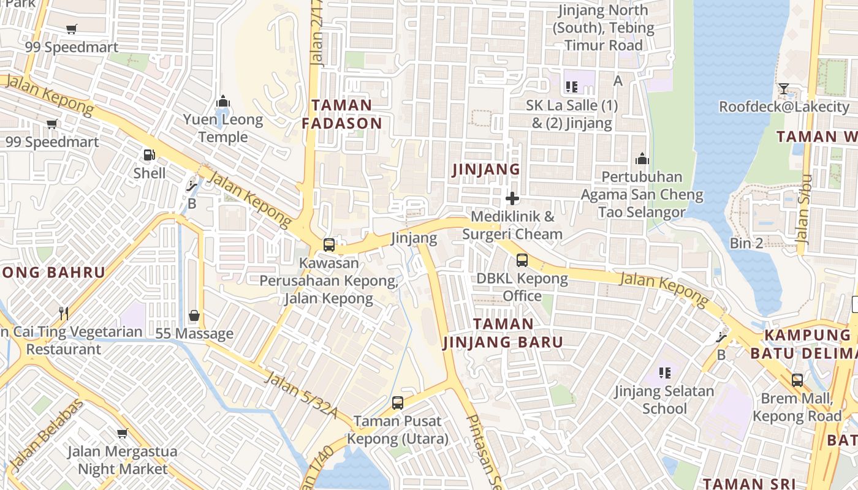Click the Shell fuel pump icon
point(148,155)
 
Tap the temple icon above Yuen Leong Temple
point(223,101)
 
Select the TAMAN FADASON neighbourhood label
point(342,115)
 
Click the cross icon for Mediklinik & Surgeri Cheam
point(512,198)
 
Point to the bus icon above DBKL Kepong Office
point(522,260)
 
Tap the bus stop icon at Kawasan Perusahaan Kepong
point(329,245)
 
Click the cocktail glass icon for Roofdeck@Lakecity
point(783,89)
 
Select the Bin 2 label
point(746,243)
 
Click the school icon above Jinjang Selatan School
point(665,372)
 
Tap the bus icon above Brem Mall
point(797,380)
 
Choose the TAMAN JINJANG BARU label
point(503,333)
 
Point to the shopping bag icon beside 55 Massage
point(194,315)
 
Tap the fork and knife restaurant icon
point(64,314)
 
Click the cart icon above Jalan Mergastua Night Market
point(123,434)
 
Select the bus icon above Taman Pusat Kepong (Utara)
point(398,402)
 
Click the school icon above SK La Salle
point(572,87)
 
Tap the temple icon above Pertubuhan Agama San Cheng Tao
point(642,159)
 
